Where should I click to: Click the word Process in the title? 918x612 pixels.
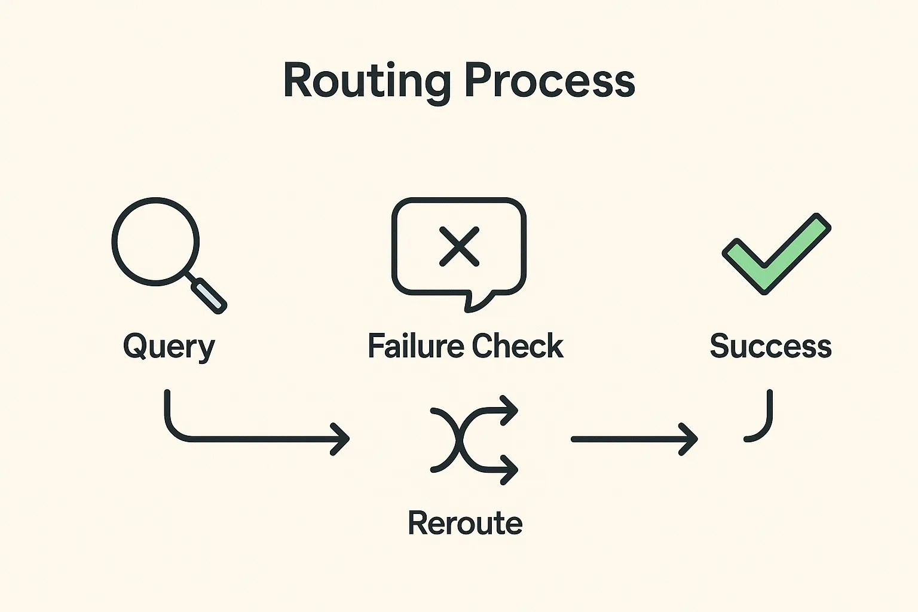[x=549, y=81]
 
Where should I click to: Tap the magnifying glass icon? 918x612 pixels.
[x=156, y=241]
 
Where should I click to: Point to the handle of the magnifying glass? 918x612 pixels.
[x=209, y=295]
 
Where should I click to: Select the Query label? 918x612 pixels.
[x=169, y=347]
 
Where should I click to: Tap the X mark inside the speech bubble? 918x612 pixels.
[x=459, y=246]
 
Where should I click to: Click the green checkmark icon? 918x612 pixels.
[x=776, y=253]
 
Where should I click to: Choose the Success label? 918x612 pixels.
[x=770, y=346]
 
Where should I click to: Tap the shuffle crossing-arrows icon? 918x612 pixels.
[x=472, y=439]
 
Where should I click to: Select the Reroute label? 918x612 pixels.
[x=465, y=523]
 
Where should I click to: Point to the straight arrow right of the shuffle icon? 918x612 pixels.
[x=634, y=439]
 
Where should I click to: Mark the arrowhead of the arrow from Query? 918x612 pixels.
[x=342, y=439]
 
